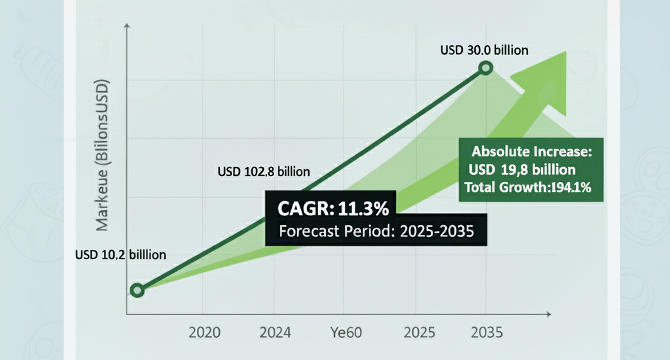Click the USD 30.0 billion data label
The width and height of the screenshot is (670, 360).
(x=485, y=50)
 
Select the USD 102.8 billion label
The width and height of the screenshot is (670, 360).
(x=263, y=172)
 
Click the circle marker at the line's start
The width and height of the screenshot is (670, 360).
(x=137, y=290)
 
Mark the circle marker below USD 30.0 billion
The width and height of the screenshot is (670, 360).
(x=485, y=68)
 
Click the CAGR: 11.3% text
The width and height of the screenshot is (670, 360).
(x=334, y=209)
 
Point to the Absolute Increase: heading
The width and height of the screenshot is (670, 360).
(x=531, y=152)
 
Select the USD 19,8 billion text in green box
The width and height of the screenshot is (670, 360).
(x=522, y=170)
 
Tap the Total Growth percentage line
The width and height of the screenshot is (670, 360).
(x=528, y=189)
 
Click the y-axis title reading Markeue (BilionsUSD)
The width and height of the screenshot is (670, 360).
(x=103, y=156)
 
